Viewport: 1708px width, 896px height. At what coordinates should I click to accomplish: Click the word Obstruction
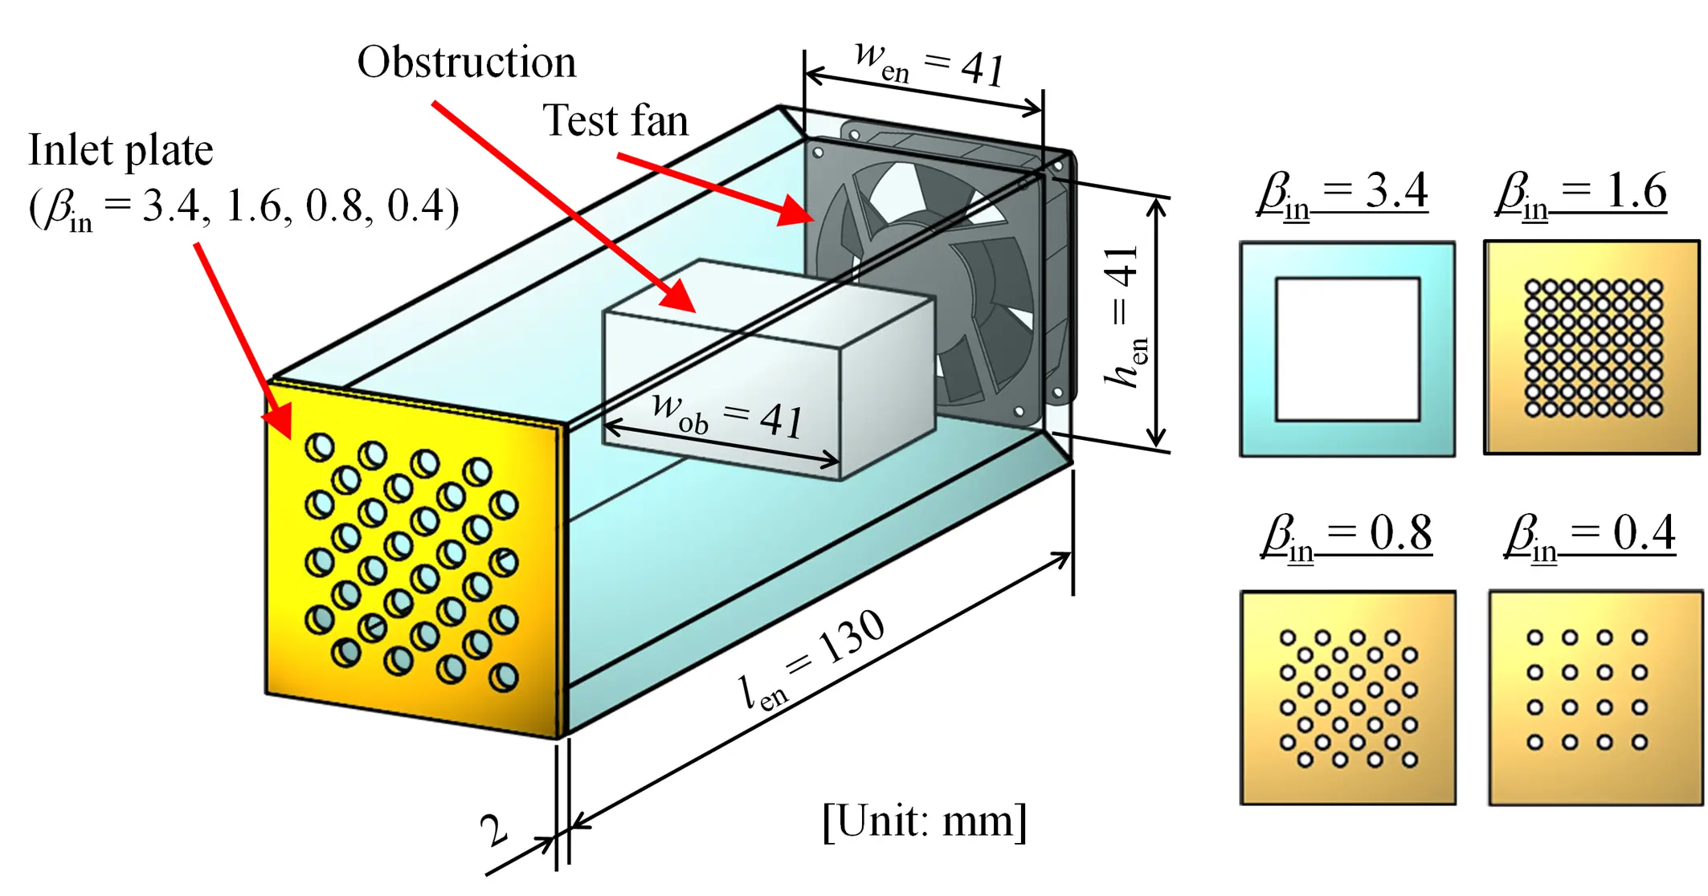click(x=467, y=63)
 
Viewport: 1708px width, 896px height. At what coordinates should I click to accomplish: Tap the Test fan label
click(x=616, y=122)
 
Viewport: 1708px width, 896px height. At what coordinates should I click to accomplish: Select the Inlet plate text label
click(x=121, y=151)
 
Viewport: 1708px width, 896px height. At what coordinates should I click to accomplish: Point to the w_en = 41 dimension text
click(x=930, y=64)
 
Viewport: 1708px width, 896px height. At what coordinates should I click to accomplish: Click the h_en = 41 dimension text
click(x=1125, y=317)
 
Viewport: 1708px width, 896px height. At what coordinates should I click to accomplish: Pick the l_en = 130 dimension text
click(x=812, y=659)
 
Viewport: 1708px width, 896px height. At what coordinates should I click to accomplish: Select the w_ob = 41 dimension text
click(x=727, y=415)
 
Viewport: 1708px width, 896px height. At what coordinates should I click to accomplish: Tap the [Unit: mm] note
click(x=925, y=821)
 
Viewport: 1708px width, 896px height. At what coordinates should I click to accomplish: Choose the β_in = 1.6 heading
click(x=1581, y=193)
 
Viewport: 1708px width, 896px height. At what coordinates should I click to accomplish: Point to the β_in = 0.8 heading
click(x=1346, y=534)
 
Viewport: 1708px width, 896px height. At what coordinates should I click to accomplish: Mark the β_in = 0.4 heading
click(x=1591, y=534)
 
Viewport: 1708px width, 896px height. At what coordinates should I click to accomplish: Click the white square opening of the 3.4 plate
click(x=1347, y=349)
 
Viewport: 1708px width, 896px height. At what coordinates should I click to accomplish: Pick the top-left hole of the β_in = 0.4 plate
click(x=1534, y=638)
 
